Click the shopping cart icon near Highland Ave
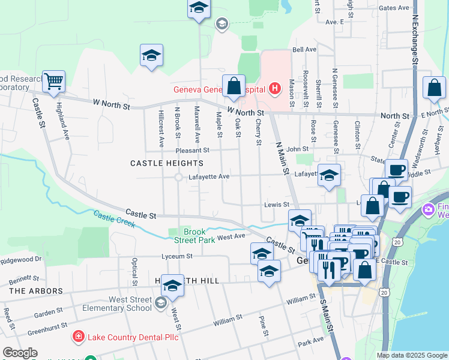coord(53,81)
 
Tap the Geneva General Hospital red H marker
coord(274,89)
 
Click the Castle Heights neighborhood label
coord(167,163)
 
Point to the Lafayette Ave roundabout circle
coord(178,177)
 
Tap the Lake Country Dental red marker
coord(77,337)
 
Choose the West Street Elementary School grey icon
coord(160,304)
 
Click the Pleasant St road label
coord(192,151)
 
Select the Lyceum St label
coord(176,256)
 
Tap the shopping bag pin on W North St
coord(234,86)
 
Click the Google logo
coord(20,352)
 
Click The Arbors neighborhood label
coord(36,291)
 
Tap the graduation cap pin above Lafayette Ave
coord(329,175)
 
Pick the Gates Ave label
coord(394,8)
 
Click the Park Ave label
coord(311,342)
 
